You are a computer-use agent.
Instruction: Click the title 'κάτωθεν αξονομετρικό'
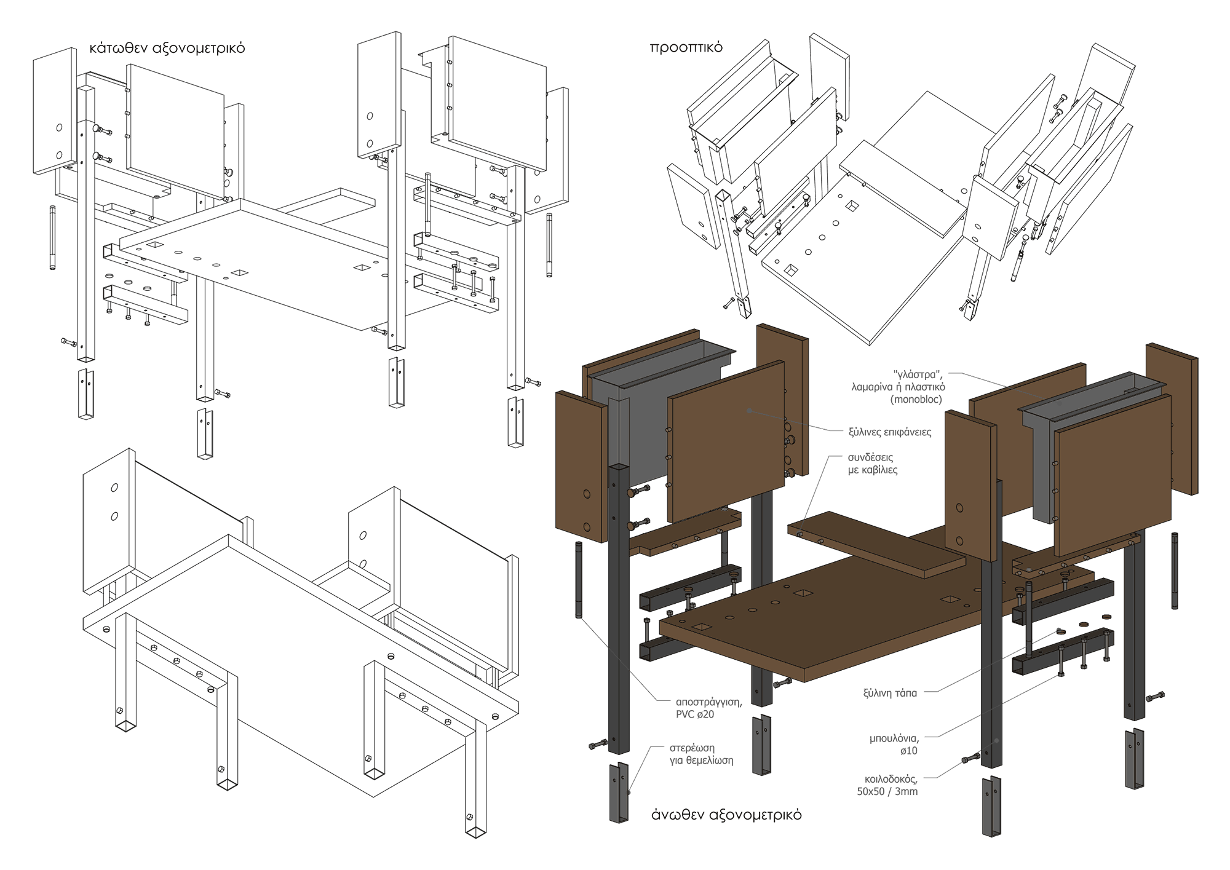[x=167, y=48]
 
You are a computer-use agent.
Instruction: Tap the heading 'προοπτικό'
[x=686, y=47]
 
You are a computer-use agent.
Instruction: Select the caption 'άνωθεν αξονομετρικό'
[x=726, y=815]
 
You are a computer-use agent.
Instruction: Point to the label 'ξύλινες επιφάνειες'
[x=890, y=432]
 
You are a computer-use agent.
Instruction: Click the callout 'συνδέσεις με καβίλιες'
[x=873, y=464]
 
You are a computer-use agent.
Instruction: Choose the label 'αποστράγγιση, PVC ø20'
[x=708, y=708]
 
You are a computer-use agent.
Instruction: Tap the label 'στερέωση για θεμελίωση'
[x=701, y=754]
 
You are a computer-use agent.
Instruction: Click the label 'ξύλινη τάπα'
[x=890, y=693]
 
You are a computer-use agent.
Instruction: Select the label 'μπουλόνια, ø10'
[x=894, y=744]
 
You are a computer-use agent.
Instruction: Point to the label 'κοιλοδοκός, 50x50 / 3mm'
[x=887, y=785]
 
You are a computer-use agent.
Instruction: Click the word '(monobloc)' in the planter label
[x=916, y=399]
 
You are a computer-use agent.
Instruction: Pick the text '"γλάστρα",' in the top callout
[x=918, y=374]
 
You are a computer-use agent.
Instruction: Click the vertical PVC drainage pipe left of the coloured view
[x=579, y=580]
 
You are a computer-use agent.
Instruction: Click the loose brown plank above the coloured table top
[x=876, y=544]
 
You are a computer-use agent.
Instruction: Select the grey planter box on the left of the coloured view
[x=652, y=418]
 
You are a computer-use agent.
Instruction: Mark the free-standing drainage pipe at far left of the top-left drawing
[x=52, y=237]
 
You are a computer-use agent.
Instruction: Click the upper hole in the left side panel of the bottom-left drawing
[x=114, y=488]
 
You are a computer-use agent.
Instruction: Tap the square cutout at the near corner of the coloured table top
[x=701, y=627]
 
